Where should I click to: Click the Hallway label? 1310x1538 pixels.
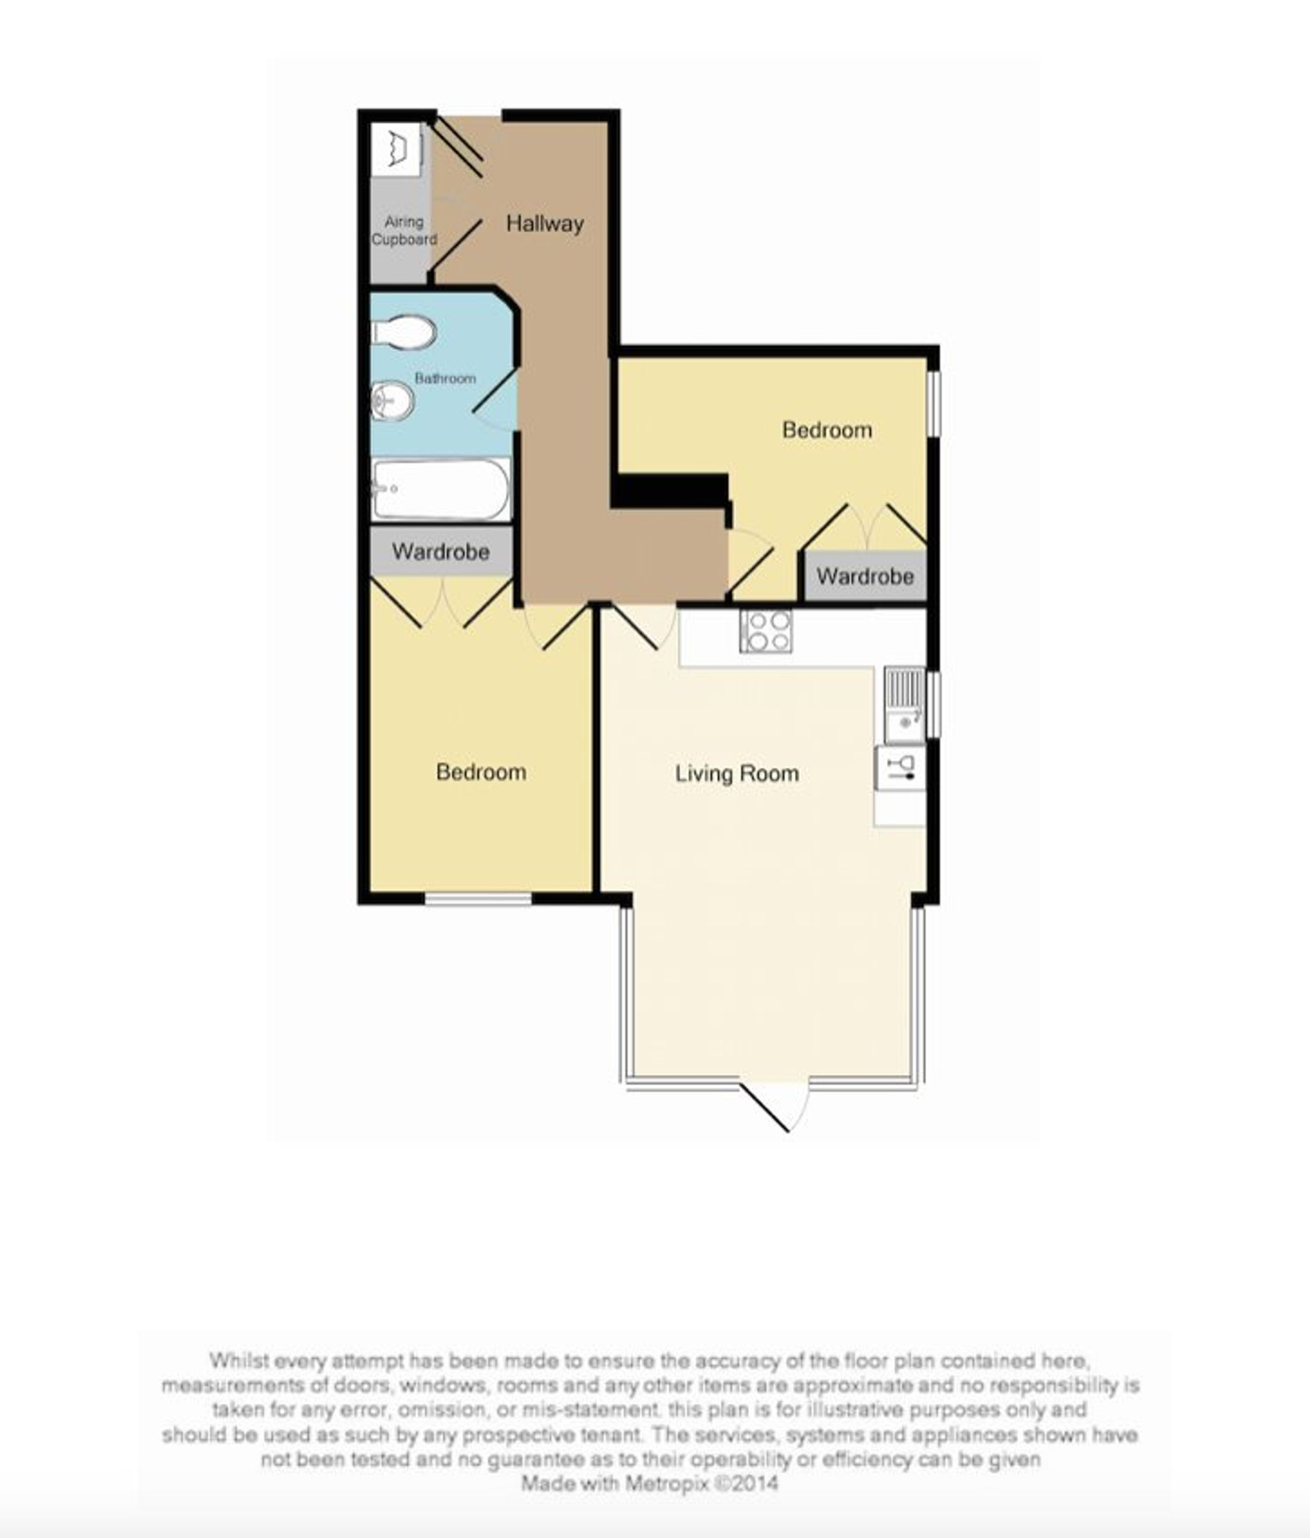coord(545,223)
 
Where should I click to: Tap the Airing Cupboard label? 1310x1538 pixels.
coord(403,230)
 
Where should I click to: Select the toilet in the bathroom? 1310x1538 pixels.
coord(403,332)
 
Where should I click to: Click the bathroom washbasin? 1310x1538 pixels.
coord(392,401)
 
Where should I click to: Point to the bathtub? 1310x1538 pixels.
coord(441,489)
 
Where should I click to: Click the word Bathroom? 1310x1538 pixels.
coord(445,379)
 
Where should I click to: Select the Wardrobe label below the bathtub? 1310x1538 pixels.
coord(441,552)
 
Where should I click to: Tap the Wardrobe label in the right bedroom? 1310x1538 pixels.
coord(865,576)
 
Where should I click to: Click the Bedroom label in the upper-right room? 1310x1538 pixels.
coord(827,430)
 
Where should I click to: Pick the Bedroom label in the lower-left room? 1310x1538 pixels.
coord(481,772)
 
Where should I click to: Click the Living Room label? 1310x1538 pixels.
coord(737,774)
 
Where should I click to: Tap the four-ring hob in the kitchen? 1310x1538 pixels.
coord(765,631)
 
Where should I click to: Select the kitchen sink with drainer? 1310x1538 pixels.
coord(904,704)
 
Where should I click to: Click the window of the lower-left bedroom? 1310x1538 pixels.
coord(478,899)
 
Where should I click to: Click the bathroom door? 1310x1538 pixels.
coord(495,401)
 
